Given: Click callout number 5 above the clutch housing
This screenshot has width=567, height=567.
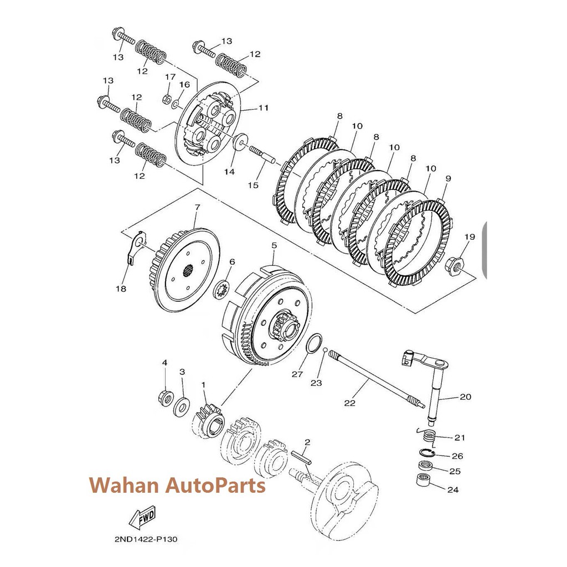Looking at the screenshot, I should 274,244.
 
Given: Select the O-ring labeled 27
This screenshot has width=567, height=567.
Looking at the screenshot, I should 315,343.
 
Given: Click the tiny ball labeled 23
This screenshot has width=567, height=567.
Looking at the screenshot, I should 326,350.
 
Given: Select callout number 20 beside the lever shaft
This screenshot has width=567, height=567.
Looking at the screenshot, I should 465,397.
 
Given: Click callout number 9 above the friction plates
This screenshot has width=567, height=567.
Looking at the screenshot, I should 448,179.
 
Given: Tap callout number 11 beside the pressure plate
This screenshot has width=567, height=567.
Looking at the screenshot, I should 263,108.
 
